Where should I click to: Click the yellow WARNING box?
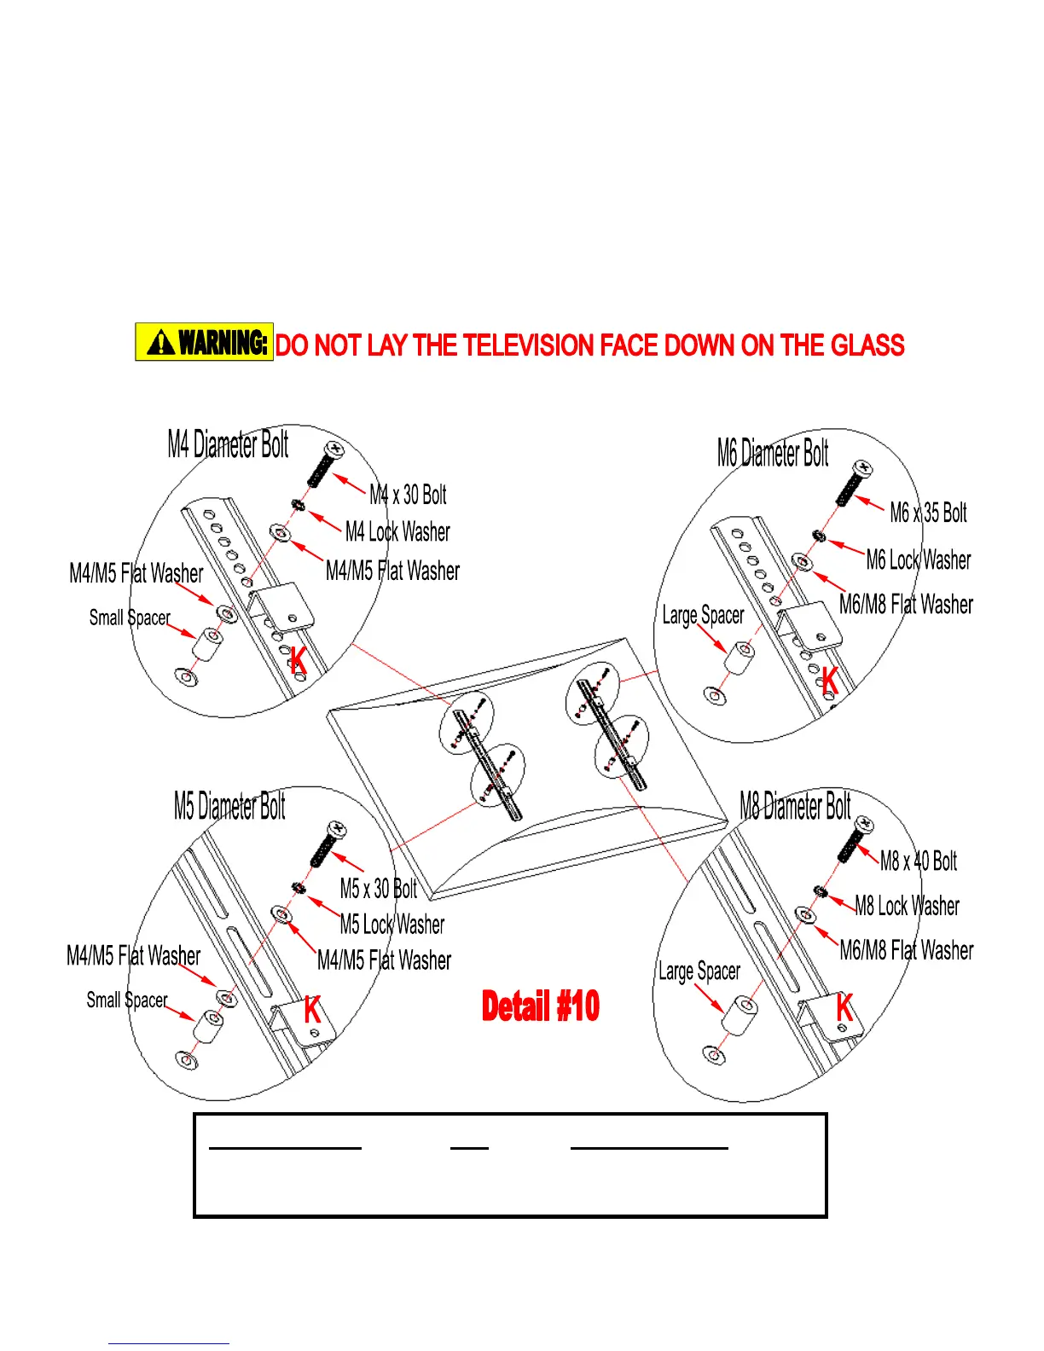pyautogui.click(x=204, y=342)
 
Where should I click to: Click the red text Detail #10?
pyautogui.click(x=541, y=1006)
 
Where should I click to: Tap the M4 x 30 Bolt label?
pyautogui.click(x=408, y=495)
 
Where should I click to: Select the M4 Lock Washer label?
pyautogui.click(x=397, y=532)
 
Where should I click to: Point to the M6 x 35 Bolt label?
pyautogui.click(x=928, y=513)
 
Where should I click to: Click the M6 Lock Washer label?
pyautogui.click(x=919, y=560)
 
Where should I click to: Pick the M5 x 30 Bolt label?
pyautogui.click(x=379, y=889)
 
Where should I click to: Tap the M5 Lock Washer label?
pyautogui.click(x=392, y=925)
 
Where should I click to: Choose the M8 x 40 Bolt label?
pyautogui.click(x=919, y=861)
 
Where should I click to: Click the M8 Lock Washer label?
pyautogui.click(x=908, y=906)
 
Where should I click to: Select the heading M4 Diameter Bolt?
pyautogui.click(x=228, y=444)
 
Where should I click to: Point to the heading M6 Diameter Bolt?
pyautogui.click(x=773, y=453)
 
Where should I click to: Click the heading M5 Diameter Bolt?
pyautogui.click(x=229, y=806)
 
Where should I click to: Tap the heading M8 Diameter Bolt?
pyautogui.click(x=795, y=806)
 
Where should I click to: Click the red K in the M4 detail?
pyautogui.click(x=298, y=660)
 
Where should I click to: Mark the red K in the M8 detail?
pyautogui.click(x=844, y=1007)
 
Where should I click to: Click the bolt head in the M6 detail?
pyautogui.click(x=862, y=467)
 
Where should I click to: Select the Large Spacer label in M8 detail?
pyautogui.click(x=699, y=971)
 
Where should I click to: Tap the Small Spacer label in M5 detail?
pyautogui.click(x=127, y=1000)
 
